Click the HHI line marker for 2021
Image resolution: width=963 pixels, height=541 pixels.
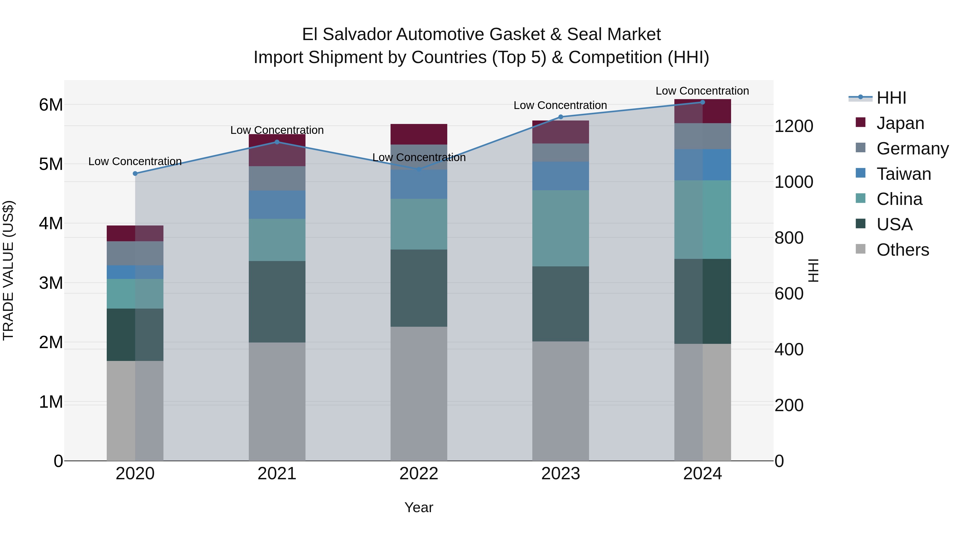pyautogui.click(x=277, y=142)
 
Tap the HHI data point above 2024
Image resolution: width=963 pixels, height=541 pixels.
pyautogui.click(x=702, y=102)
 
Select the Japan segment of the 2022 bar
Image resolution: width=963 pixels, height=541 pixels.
pyautogui.click(x=419, y=134)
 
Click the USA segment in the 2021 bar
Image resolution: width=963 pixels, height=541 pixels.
pyautogui.click(x=277, y=301)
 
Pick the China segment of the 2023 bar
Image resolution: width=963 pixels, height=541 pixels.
pyautogui.click(x=560, y=228)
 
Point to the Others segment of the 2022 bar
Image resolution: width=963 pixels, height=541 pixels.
pyautogui.click(x=419, y=394)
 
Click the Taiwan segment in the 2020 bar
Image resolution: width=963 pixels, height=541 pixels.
pyautogui.click(x=135, y=272)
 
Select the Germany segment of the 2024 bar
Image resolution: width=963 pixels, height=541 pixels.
pyautogui.click(x=702, y=136)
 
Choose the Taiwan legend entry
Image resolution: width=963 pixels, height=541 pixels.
pyautogui.click(x=903, y=174)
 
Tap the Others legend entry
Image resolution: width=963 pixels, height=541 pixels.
pyautogui.click(x=903, y=250)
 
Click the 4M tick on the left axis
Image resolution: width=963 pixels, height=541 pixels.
pyautogui.click(x=51, y=223)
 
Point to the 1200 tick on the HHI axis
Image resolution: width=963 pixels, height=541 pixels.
pyautogui.click(x=794, y=126)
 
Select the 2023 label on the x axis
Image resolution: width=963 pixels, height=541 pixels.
pyautogui.click(x=560, y=474)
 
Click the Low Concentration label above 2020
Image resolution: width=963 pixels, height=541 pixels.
pyautogui.click(x=135, y=161)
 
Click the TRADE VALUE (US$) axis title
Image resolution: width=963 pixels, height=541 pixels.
pyautogui.click(x=8, y=270)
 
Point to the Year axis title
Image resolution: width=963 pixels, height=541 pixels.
pyautogui.click(x=419, y=507)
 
